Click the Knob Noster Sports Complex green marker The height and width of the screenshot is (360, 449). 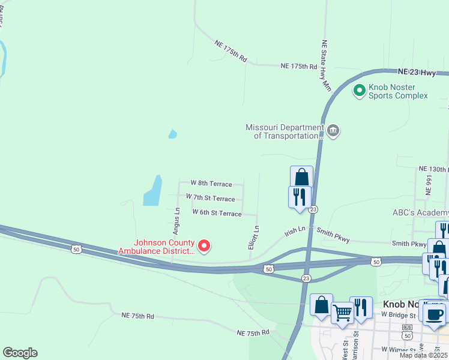(x=360, y=91)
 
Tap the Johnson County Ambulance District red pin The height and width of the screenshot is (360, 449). (x=204, y=245)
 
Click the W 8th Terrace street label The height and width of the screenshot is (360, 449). (x=211, y=183)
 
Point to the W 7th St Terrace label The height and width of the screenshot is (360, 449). (x=211, y=198)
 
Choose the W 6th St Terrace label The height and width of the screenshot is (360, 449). (x=217, y=213)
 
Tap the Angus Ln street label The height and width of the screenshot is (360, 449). (x=176, y=221)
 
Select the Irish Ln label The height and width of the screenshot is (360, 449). (x=295, y=230)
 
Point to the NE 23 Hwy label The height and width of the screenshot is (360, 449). (x=420, y=73)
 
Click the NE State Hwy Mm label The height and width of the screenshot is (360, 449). (x=326, y=65)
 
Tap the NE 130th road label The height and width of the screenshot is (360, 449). (x=433, y=169)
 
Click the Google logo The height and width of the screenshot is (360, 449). (x=20, y=353)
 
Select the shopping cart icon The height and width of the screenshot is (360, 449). (x=342, y=311)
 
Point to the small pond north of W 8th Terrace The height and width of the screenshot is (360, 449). (x=173, y=134)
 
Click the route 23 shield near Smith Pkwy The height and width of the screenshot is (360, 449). (x=314, y=209)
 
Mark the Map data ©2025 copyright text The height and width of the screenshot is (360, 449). (x=423, y=355)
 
